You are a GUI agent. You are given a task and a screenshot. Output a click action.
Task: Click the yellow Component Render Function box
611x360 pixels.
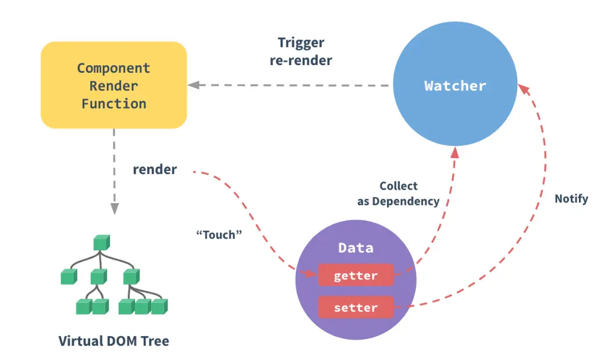coord(113,85)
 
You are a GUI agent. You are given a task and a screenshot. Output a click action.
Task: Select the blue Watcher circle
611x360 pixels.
coord(455,85)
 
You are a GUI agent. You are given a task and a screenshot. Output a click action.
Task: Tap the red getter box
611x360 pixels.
coord(356,276)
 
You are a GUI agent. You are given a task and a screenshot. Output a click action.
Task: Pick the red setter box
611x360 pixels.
coord(356,307)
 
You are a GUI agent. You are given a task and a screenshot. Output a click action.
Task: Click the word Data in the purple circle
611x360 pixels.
coord(356,248)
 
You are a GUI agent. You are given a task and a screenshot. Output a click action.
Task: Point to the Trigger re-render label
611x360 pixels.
coord(301,51)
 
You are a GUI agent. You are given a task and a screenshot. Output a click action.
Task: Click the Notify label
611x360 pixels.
coord(571,199)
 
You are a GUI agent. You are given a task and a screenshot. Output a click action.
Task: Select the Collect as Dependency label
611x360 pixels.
coord(399,194)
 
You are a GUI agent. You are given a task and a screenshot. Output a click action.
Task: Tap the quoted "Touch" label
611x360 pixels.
coord(219,235)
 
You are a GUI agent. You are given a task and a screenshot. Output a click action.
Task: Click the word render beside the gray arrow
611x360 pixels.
coord(155,170)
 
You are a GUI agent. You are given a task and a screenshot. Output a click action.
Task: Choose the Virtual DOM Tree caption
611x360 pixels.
coord(114,340)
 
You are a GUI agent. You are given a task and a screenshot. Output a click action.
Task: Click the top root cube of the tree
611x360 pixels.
coord(101,242)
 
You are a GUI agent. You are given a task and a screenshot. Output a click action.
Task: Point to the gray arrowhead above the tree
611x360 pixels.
coord(114,208)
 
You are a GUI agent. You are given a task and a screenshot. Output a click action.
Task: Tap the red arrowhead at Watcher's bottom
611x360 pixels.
coord(454,152)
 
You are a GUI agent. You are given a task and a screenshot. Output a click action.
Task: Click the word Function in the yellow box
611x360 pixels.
coord(113,104)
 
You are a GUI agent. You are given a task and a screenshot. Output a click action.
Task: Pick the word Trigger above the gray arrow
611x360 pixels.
coord(301,42)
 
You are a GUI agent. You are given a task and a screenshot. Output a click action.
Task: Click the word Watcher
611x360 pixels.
coord(455,86)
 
